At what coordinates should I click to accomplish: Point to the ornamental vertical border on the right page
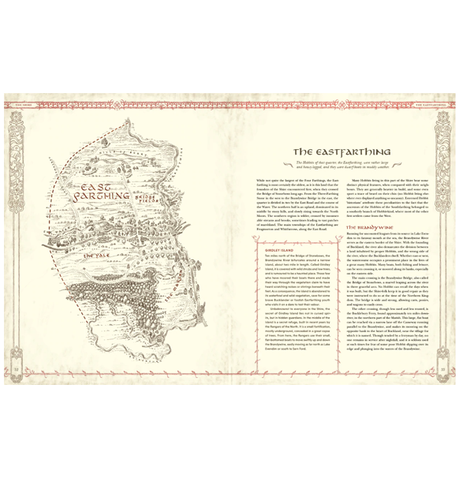[x=444, y=237]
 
